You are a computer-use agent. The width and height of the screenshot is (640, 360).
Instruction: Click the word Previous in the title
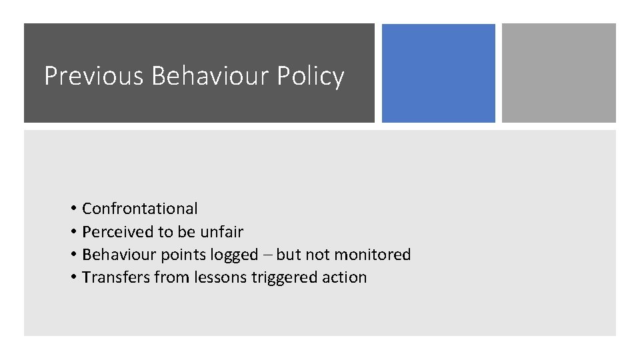(93, 76)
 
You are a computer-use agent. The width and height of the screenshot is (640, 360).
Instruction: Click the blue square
(438, 73)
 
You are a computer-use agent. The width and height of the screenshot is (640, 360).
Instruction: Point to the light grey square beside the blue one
(559, 73)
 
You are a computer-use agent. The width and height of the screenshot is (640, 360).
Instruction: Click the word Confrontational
(140, 209)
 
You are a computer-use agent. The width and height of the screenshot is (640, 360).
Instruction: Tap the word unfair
(221, 232)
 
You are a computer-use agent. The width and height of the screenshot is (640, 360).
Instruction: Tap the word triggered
(283, 277)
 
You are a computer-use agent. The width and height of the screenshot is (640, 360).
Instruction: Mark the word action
(345, 277)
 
